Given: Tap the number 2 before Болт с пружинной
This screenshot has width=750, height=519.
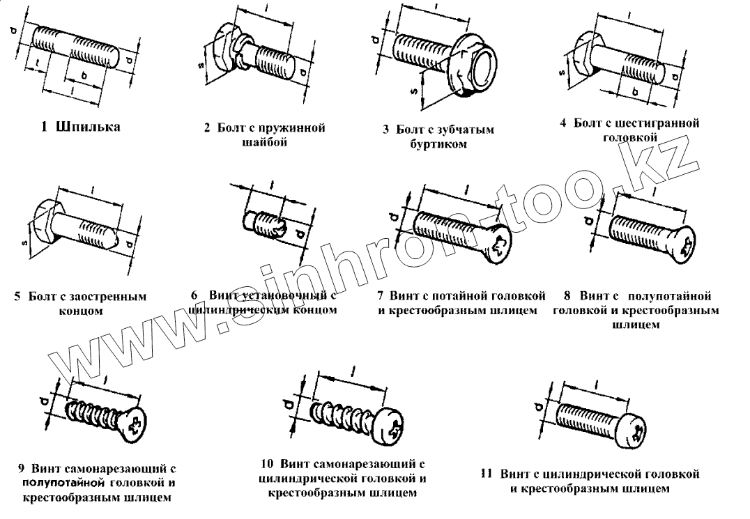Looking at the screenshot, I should click(x=208, y=129).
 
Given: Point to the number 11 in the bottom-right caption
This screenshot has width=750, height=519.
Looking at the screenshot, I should click(x=486, y=474).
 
